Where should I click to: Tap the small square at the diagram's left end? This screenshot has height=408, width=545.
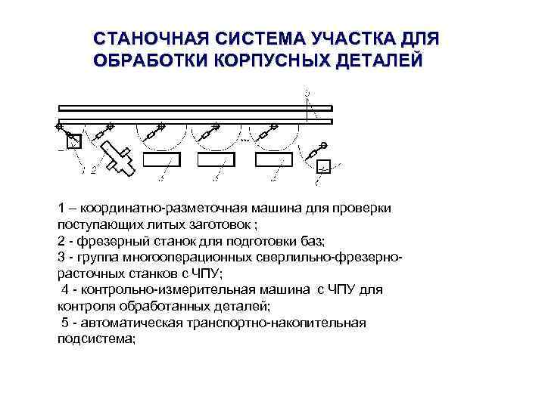[x=73, y=141]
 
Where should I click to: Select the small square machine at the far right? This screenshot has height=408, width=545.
[x=323, y=167]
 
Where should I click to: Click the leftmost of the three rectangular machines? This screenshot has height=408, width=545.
[x=163, y=159]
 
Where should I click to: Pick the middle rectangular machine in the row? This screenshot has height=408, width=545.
[x=216, y=159]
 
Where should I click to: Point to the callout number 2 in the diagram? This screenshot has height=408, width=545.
[x=93, y=172]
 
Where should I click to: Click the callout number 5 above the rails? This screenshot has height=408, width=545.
[x=307, y=91]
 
